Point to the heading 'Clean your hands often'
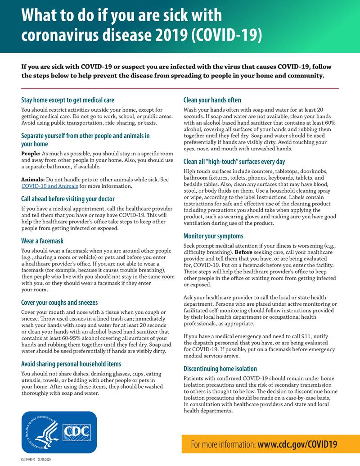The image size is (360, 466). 212,100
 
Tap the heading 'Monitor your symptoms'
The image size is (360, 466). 213,236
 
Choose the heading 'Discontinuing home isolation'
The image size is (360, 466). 220,369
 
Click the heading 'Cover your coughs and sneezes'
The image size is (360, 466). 59,303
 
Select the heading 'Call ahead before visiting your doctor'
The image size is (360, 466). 68,199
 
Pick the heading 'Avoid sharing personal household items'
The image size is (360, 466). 71,364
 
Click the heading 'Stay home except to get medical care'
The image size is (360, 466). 67,100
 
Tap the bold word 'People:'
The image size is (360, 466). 31,154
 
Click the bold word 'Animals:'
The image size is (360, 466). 33,180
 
